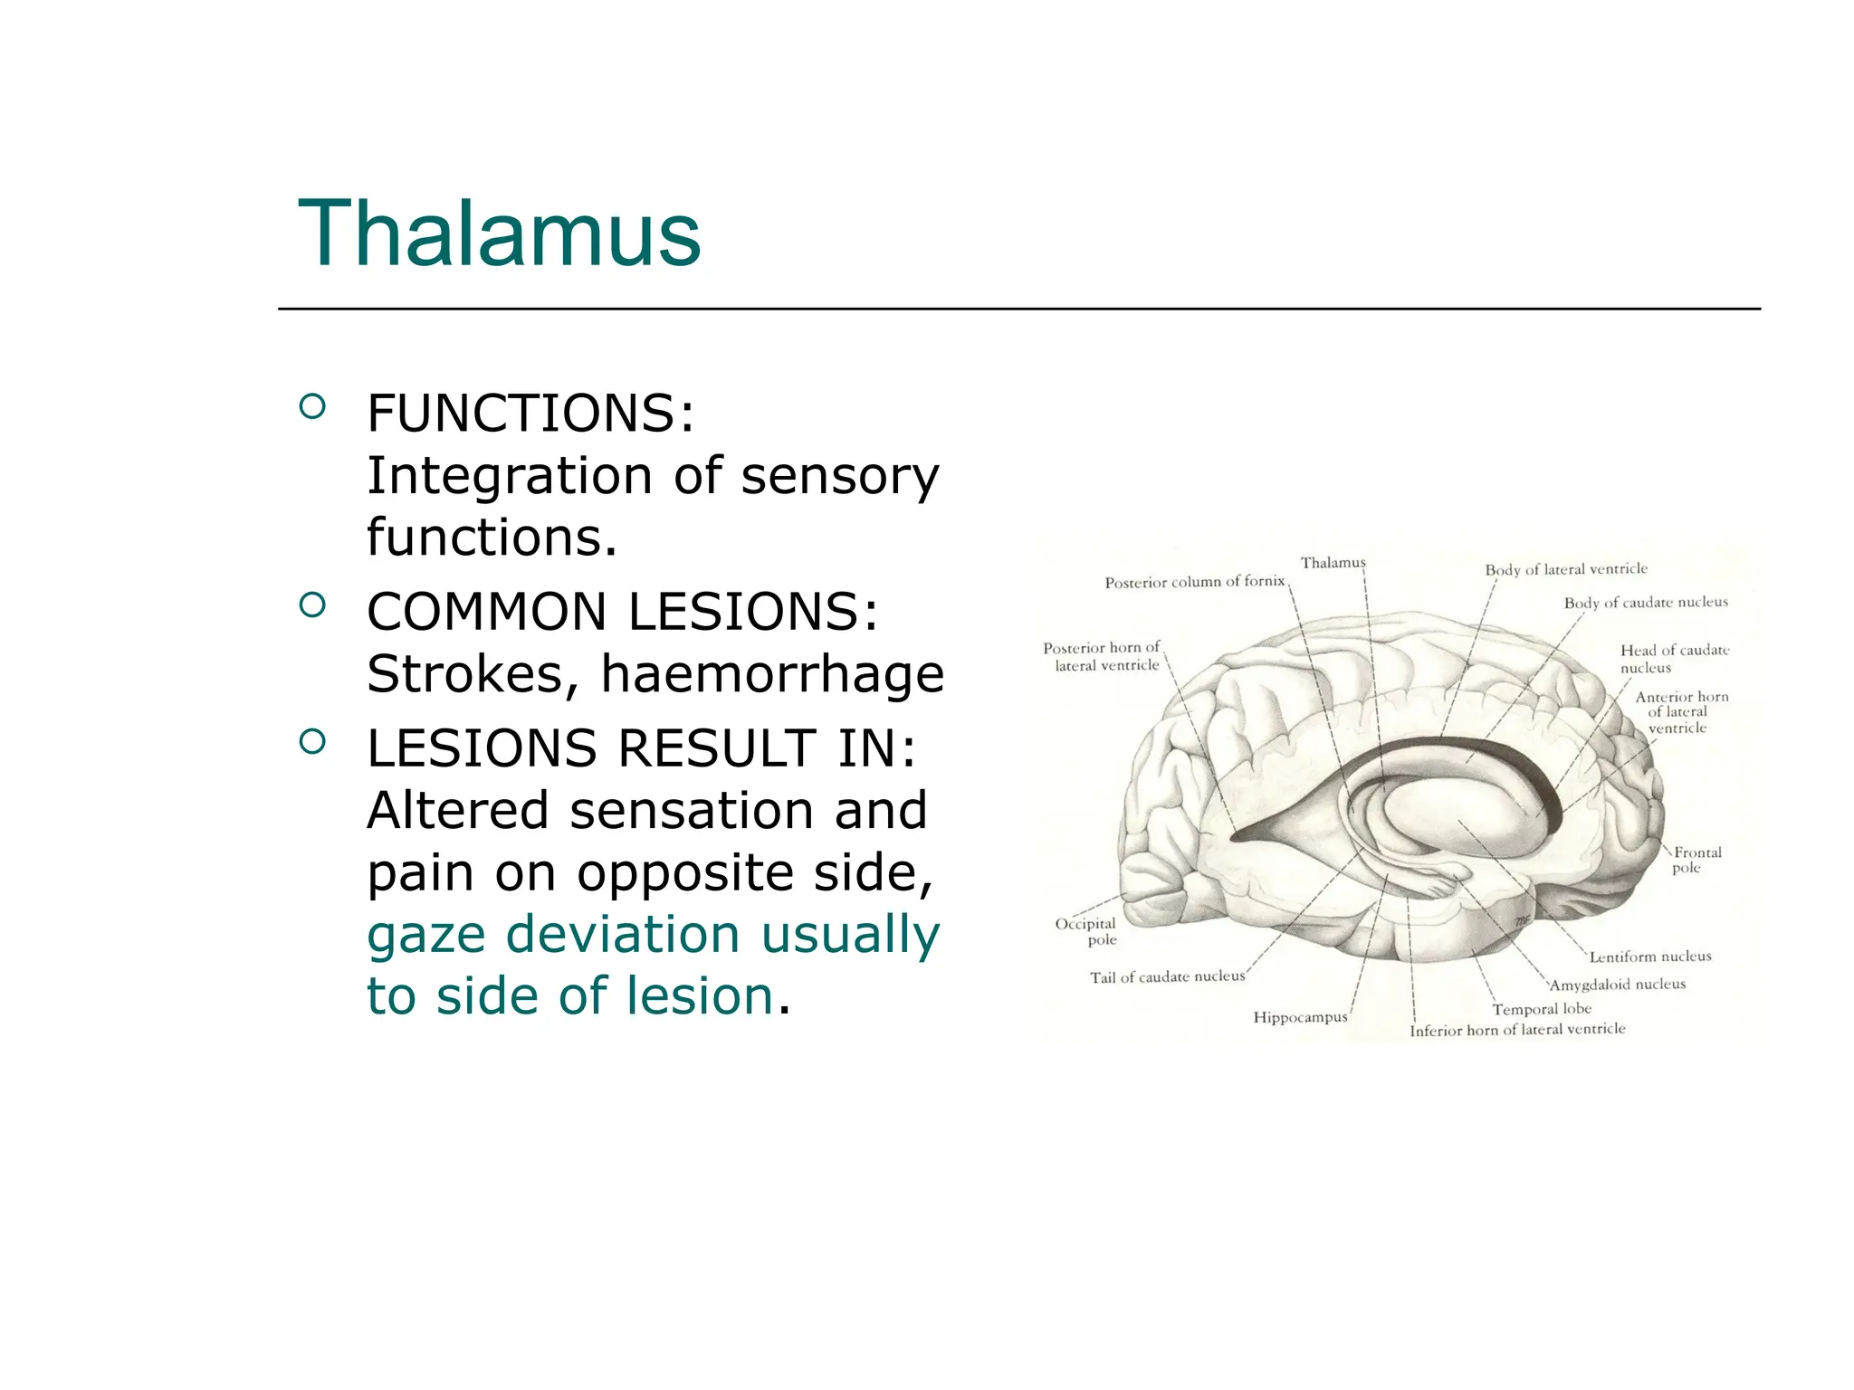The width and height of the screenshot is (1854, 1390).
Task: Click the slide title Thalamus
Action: pos(499,233)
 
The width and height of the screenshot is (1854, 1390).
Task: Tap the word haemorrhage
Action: pos(772,673)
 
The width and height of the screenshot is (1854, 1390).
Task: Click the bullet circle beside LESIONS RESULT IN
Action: pos(311,741)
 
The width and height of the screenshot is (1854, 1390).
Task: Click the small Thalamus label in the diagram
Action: pos(1333,563)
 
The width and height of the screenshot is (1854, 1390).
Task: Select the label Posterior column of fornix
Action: pos(1194,582)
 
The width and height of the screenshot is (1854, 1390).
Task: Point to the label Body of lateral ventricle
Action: pos(1566,569)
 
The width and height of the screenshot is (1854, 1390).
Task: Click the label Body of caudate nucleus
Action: pos(1646,603)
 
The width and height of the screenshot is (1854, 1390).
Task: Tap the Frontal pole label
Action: pos(1696,860)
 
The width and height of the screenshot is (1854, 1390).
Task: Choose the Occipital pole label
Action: pos(1086,931)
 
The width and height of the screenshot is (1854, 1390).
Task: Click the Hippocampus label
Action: pos(1300,1017)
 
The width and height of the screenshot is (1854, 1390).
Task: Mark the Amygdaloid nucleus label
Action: pos(1618,985)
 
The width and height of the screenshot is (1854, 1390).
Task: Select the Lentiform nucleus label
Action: pos(1650,957)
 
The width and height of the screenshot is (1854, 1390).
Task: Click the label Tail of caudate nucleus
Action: pos(1167,977)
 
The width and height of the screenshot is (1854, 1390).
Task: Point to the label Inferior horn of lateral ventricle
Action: pos(1517,1030)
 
